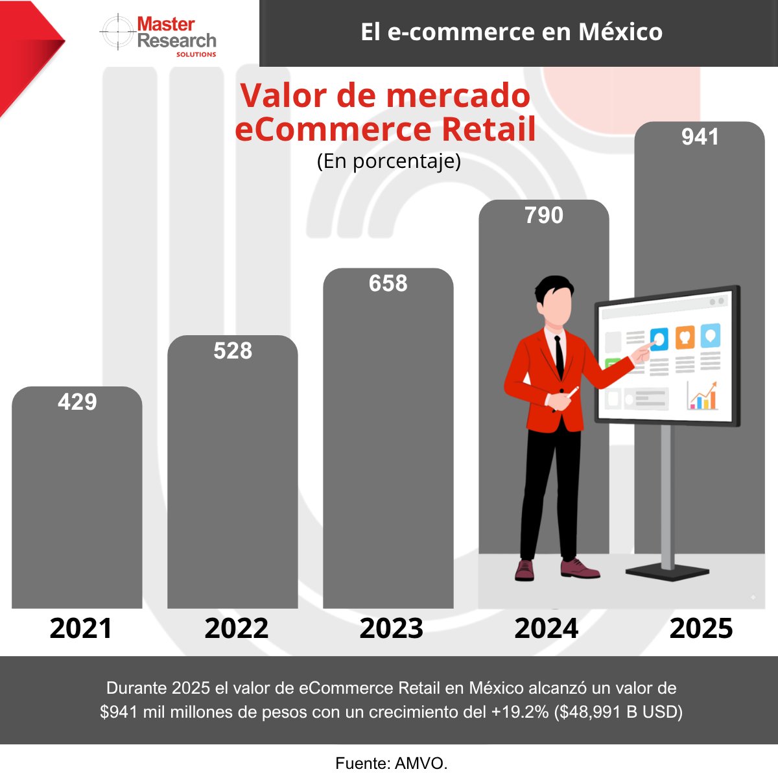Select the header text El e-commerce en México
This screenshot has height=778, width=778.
coord(512,32)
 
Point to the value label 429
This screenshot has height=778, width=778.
coord(77,402)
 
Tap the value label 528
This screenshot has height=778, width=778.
coord(233,351)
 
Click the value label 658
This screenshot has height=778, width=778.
coord(388,283)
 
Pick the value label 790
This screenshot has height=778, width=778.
coord(544,215)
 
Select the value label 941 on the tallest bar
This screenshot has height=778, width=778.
coord(700,137)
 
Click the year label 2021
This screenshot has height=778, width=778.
coord(81,628)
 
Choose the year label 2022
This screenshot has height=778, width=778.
coord(236,628)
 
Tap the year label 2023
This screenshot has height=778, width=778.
coord(392,628)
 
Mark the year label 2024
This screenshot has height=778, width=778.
coord(547,628)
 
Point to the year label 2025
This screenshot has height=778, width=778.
coord(701,628)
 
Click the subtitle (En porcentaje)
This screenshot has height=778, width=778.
coord(389,161)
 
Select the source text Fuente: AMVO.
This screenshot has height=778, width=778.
coord(392,763)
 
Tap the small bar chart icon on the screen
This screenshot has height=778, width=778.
coord(702,395)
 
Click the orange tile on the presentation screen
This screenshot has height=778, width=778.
coord(685,337)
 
